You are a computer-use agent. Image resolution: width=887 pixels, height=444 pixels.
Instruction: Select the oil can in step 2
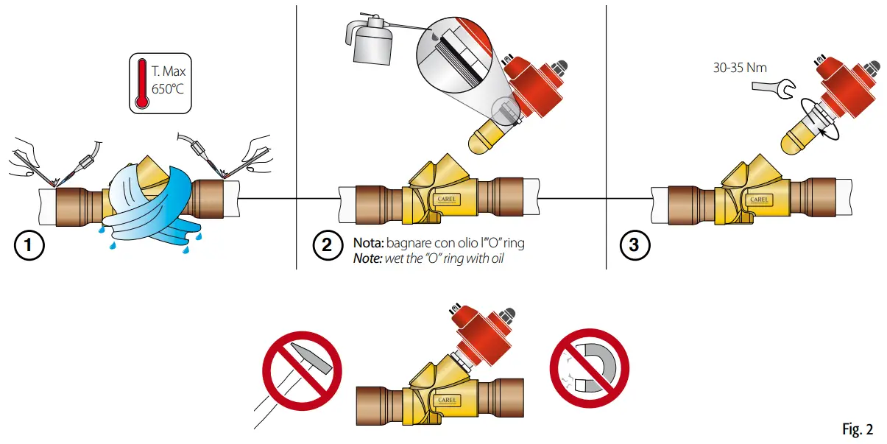click(x=372, y=44)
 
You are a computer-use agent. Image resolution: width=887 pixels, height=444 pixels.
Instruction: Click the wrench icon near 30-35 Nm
click(x=772, y=88)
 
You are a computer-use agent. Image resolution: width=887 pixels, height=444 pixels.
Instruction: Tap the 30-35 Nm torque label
click(x=740, y=68)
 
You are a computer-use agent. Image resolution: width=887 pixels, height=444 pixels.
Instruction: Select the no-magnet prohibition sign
click(x=590, y=366)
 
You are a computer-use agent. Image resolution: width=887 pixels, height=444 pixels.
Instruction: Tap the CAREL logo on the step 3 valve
click(x=760, y=199)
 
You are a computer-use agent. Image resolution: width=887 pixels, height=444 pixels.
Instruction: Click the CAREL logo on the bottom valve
click(x=448, y=400)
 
